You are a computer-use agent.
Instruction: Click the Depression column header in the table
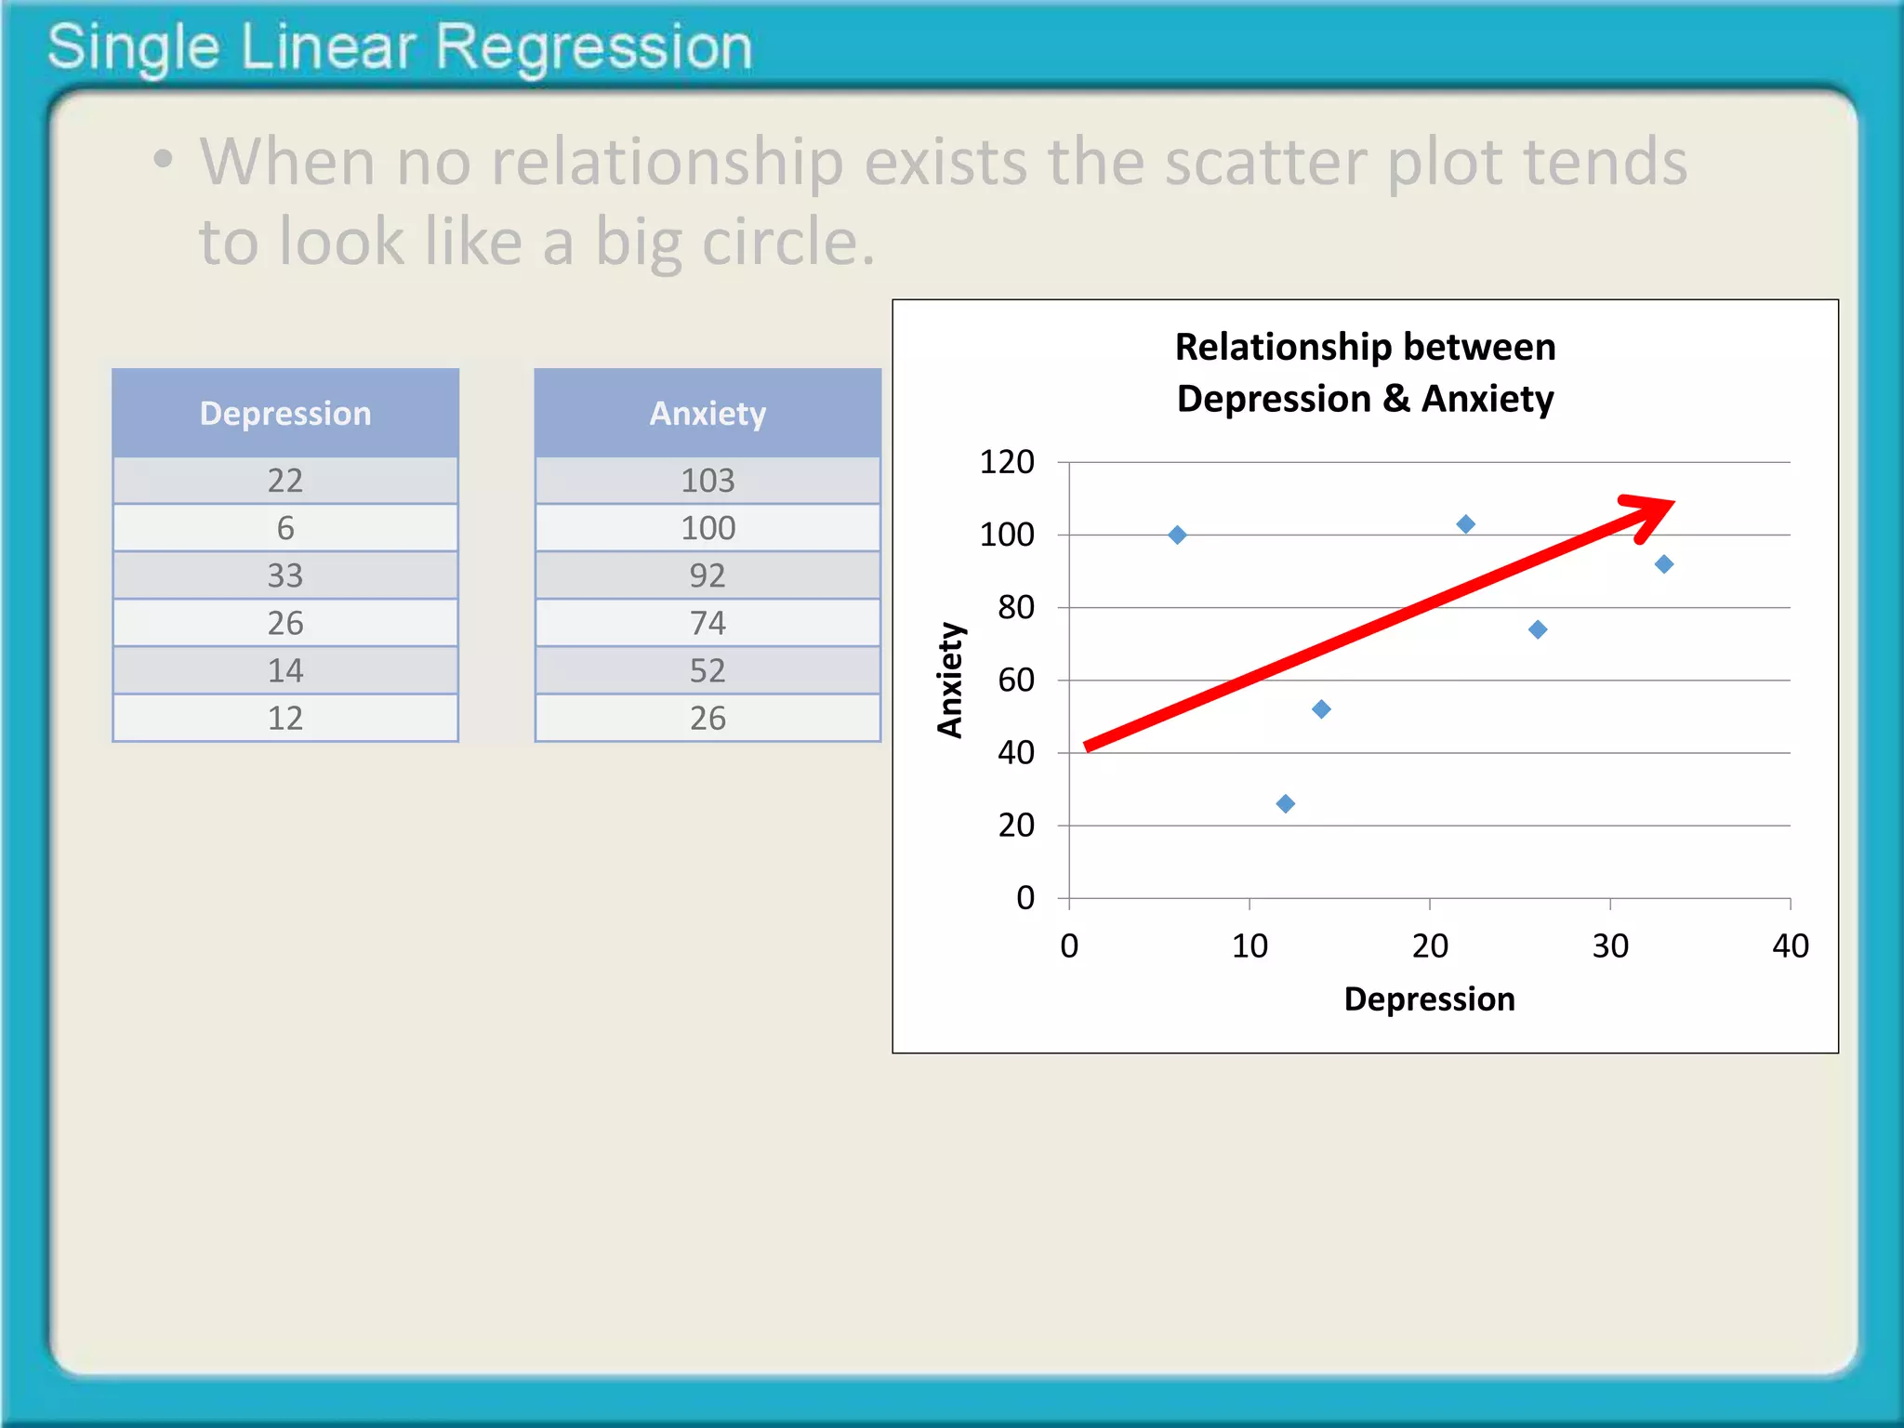pyautogui.click(x=285, y=414)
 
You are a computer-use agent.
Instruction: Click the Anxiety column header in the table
pyautogui.click(x=707, y=414)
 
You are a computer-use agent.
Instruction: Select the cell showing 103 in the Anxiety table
pyautogui.click(x=707, y=481)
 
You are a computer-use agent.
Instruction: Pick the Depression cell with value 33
pyautogui.click(x=285, y=575)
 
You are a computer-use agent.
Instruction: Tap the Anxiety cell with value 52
pyautogui.click(x=707, y=670)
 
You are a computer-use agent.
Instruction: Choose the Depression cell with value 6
pyautogui.click(x=285, y=528)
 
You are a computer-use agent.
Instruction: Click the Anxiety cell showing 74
pyautogui.click(x=707, y=623)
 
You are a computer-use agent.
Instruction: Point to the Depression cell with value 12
pyautogui.click(x=285, y=718)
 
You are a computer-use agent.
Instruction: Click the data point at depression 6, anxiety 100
pyautogui.click(x=1177, y=535)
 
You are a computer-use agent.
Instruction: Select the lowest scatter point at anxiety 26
pyautogui.click(x=1286, y=803)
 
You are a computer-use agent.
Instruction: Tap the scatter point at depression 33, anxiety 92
pyautogui.click(x=1664, y=564)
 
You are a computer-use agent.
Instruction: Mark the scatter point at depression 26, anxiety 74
pyautogui.click(x=1538, y=629)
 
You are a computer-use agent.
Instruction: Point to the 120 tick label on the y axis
pyautogui.click(x=1007, y=462)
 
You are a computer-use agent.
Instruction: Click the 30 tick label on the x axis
pyautogui.click(x=1610, y=946)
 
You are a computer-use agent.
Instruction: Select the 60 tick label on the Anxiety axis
pyautogui.click(x=1016, y=681)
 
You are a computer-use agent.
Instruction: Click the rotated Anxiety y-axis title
pyautogui.click(x=950, y=680)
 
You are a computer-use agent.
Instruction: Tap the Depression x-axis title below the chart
pyautogui.click(x=1429, y=999)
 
